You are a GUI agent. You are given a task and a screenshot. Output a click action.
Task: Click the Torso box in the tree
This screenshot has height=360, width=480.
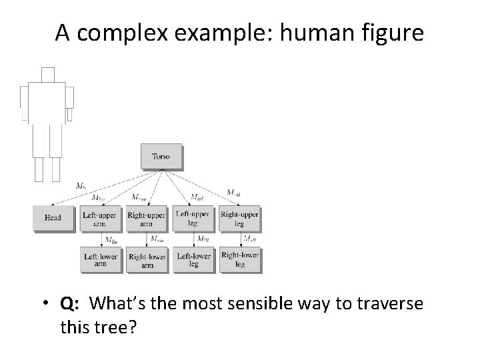coord(161,157)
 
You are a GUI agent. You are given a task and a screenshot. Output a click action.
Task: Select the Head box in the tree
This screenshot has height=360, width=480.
coord(53,218)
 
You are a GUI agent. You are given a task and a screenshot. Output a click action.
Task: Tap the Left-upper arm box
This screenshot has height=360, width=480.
coord(99,219)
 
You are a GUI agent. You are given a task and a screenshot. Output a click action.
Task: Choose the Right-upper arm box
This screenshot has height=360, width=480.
coord(146,219)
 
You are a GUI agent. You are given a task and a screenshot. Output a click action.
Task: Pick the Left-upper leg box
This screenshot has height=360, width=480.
coord(193,219)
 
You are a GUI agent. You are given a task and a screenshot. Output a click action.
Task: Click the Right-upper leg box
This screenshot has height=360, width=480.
coord(239,219)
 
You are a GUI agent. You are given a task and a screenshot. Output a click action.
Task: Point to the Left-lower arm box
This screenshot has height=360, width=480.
coord(99,259)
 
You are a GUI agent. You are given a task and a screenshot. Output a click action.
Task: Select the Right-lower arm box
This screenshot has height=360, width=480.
coord(146,259)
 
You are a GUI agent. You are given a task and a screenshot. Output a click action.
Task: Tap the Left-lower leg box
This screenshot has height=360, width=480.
coord(193,259)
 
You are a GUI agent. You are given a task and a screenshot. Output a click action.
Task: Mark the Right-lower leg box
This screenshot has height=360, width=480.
coord(239,259)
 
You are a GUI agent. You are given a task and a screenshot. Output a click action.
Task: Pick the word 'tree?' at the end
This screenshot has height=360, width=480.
coord(115,329)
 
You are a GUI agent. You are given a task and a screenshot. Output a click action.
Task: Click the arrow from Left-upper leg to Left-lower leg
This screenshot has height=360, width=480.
coord(193,239)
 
